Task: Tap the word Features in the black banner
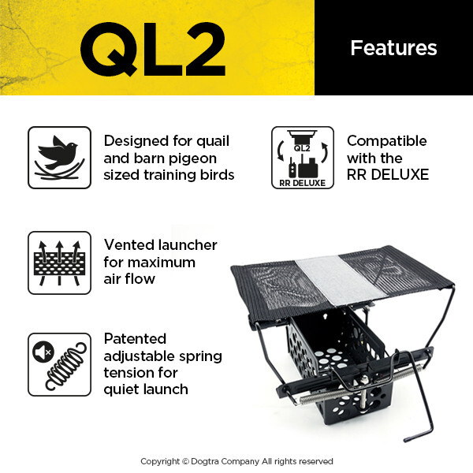click(x=393, y=48)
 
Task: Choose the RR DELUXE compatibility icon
click(x=303, y=158)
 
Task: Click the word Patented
click(x=135, y=339)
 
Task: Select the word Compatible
click(x=386, y=141)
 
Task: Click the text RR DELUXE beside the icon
click(x=388, y=174)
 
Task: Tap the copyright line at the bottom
click(x=236, y=461)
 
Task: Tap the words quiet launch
click(x=146, y=389)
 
